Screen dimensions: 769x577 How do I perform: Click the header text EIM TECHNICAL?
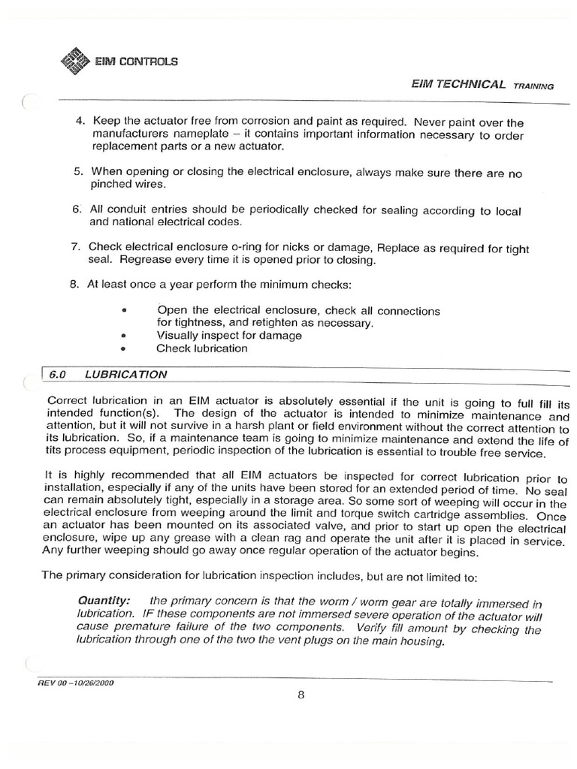click(x=458, y=84)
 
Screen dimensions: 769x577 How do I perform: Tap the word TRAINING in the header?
click(x=533, y=86)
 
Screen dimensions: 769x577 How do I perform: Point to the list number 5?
click(x=78, y=172)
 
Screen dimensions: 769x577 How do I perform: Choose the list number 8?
click(x=77, y=284)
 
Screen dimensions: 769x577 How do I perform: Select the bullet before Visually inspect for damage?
click(x=123, y=336)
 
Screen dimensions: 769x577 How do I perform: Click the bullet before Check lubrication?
click(x=123, y=349)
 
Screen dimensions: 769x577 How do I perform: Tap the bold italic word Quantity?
click(x=104, y=602)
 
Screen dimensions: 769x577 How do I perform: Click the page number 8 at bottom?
click(x=301, y=695)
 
